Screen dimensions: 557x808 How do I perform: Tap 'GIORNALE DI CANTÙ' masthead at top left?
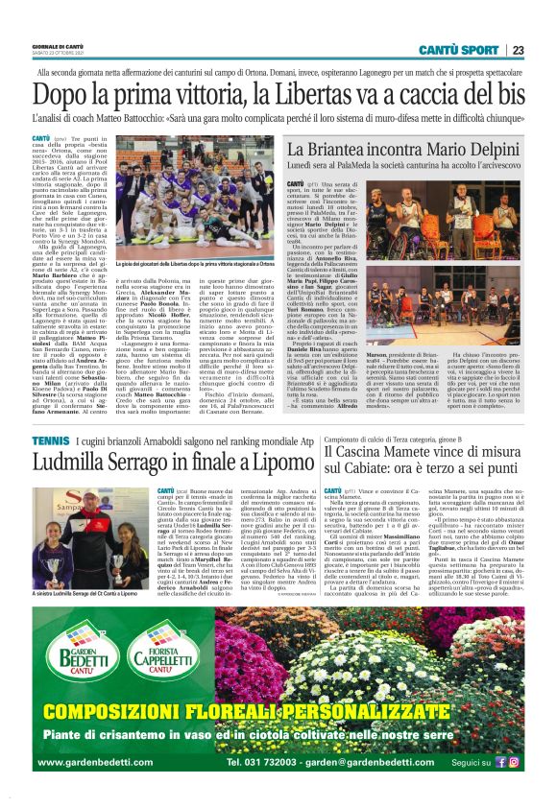click(x=58, y=46)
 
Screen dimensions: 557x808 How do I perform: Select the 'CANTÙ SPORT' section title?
click(x=459, y=50)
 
